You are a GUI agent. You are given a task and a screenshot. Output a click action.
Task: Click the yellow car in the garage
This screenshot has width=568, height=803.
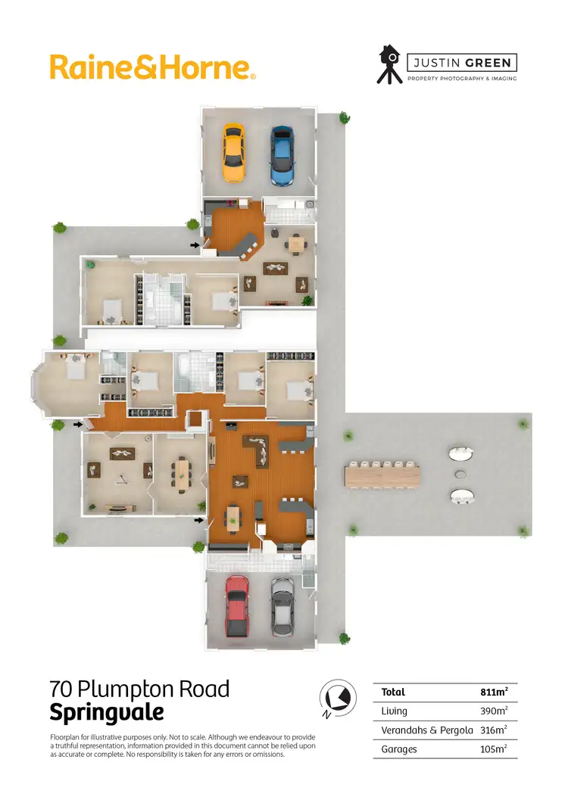coord(233,153)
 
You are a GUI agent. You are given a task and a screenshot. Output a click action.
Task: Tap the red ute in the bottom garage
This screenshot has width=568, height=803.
coord(236,605)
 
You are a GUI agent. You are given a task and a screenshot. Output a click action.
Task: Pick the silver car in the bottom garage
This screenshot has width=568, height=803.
coord(282,606)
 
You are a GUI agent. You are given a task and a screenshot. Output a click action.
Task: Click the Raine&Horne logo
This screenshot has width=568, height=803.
coord(152,67)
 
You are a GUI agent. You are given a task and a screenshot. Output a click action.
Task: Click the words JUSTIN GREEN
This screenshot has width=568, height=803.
coord(462,63)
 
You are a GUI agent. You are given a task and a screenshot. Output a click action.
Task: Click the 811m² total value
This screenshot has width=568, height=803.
coord(494,692)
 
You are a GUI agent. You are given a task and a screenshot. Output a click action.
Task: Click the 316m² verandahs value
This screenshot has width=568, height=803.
coord(494,730)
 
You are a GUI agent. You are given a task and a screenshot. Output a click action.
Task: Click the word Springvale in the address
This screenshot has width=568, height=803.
coord(106,713)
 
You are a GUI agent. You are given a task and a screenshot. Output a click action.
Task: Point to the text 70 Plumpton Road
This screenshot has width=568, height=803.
coord(139,689)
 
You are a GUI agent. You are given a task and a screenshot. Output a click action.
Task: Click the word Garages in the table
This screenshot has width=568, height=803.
coord(400,749)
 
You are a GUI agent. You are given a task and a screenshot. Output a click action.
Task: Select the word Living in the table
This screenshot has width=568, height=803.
coord(395,711)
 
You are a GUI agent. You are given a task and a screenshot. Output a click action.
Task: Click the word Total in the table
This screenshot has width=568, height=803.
coord(394,692)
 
